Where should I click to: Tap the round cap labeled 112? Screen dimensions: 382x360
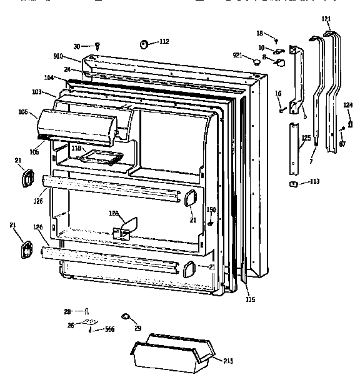(x=144, y=43)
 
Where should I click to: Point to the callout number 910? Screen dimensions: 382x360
(x=76, y=56)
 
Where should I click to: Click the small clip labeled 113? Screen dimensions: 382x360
(x=291, y=183)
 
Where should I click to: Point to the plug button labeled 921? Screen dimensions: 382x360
(x=256, y=61)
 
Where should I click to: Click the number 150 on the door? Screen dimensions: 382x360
(x=211, y=209)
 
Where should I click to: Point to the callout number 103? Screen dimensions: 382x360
(x=37, y=92)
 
